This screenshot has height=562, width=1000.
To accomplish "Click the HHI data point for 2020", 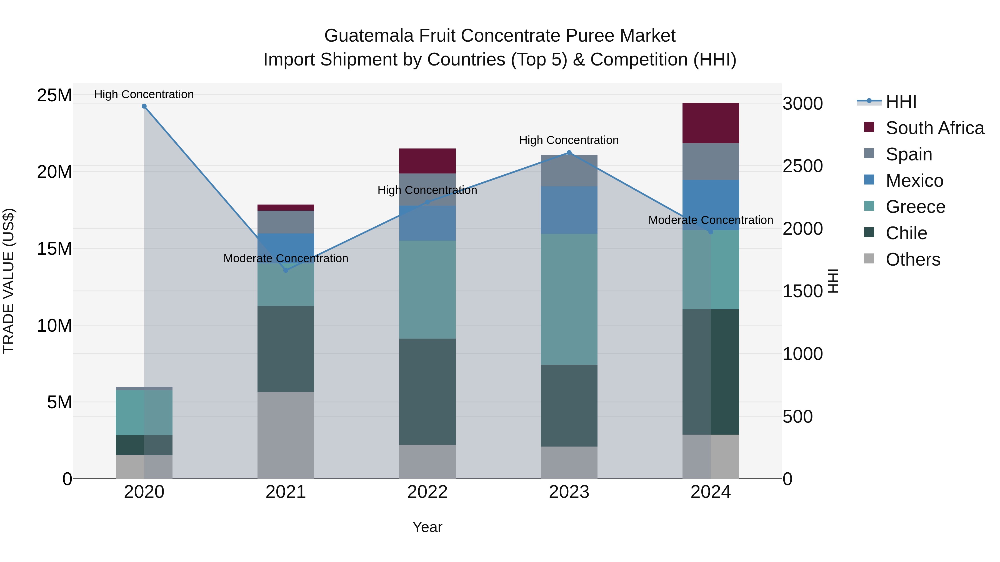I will tap(144, 106).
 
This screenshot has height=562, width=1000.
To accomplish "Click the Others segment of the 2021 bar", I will tap(286, 435).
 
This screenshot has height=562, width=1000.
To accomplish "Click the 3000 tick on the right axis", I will tap(802, 104).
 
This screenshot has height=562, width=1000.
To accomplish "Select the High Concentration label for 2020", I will tap(144, 95).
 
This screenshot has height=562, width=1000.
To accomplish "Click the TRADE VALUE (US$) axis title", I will tap(9, 281).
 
